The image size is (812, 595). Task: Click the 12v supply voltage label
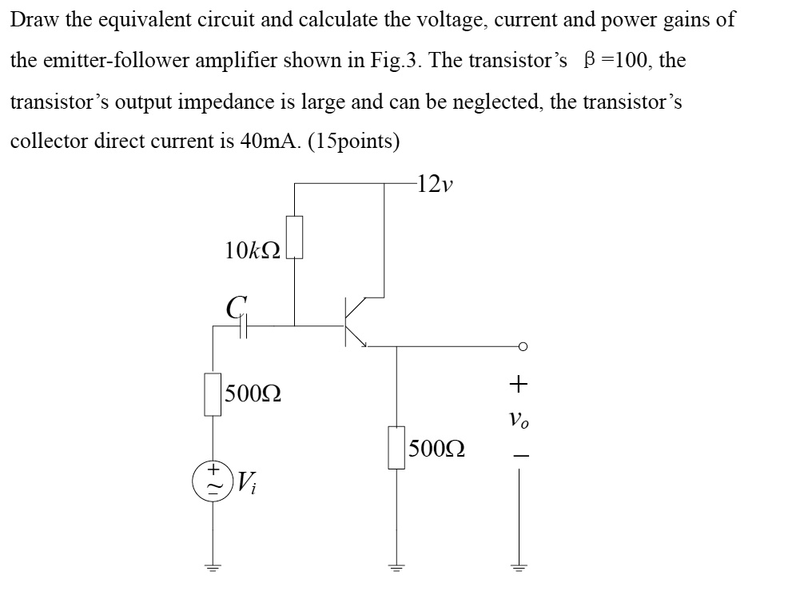[x=435, y=185]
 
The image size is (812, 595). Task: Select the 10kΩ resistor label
[x=253, y=250]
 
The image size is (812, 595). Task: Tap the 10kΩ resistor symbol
[x=294, y=238]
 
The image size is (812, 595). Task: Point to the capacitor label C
[x=234, y=305]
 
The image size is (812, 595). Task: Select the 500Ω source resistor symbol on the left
[x=213, y=394]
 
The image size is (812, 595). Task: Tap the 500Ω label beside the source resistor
[x=253, y=394]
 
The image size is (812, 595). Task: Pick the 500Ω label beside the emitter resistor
[x=436, y=448]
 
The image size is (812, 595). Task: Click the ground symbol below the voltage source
[x=213, y=569]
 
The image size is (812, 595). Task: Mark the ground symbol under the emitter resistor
[x=396, y=569]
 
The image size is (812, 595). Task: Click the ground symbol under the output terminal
[x=520, y=569]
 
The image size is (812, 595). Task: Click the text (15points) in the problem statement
[x=352, y=141]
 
